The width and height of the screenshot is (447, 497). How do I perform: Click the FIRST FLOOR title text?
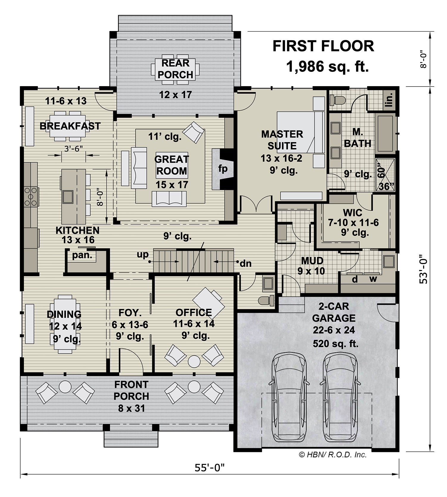(x=323, y=46)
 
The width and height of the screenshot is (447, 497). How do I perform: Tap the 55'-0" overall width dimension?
(x=209, y=467)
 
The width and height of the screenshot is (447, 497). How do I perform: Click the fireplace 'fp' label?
(x=223, y=169)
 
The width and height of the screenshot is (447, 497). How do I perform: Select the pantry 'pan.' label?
(x=82, y=255)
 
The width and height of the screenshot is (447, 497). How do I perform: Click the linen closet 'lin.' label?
(x=389, y=99)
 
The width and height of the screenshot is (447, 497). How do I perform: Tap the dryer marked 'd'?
(x=355, y=279)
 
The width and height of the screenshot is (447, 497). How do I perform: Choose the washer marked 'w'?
(x=373, y=279)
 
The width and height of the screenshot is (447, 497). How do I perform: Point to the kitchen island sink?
(x=68, y=196)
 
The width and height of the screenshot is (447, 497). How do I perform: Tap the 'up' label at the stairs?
(x=142, y=255)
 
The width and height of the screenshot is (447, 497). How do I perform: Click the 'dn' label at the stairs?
(x=246, y=263)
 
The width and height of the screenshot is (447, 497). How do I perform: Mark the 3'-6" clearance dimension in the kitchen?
(x=73, y=148)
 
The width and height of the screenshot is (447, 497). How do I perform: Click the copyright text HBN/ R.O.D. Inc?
(x=333, y=455)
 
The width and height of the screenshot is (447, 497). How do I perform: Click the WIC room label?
(x=353, y=213)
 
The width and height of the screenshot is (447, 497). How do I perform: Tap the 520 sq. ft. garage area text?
(x=336, y=344)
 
